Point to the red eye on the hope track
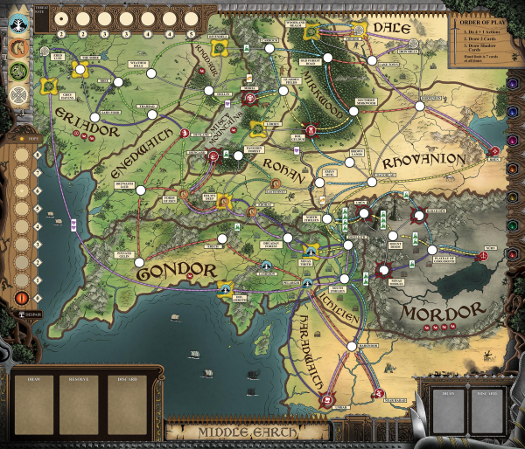[20, 298]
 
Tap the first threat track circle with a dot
[61, 19]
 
